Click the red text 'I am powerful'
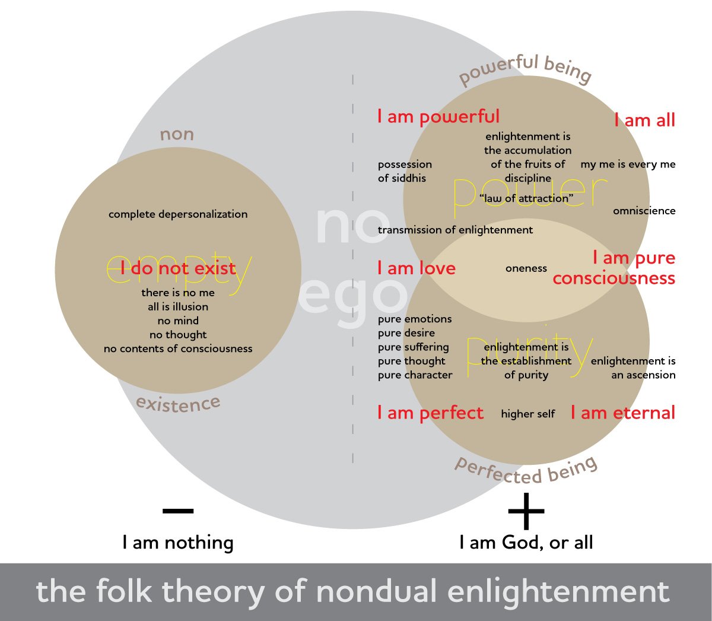(438, 117)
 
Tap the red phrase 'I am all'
(645, 121)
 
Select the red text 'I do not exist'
(178, 269)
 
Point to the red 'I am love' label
(417, 268)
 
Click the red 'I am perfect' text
(431, 413)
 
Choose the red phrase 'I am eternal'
(623, 413)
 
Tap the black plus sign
(526, 511)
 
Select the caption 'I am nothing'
(178, 543)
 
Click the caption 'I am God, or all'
(526, 543)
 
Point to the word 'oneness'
(526, 268)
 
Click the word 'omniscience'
(644, 211)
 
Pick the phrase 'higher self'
(528, 414)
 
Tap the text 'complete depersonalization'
(178, 214)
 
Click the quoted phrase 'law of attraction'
(526, 198)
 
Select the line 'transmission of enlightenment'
(455, 230)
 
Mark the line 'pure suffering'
(414, 347)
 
